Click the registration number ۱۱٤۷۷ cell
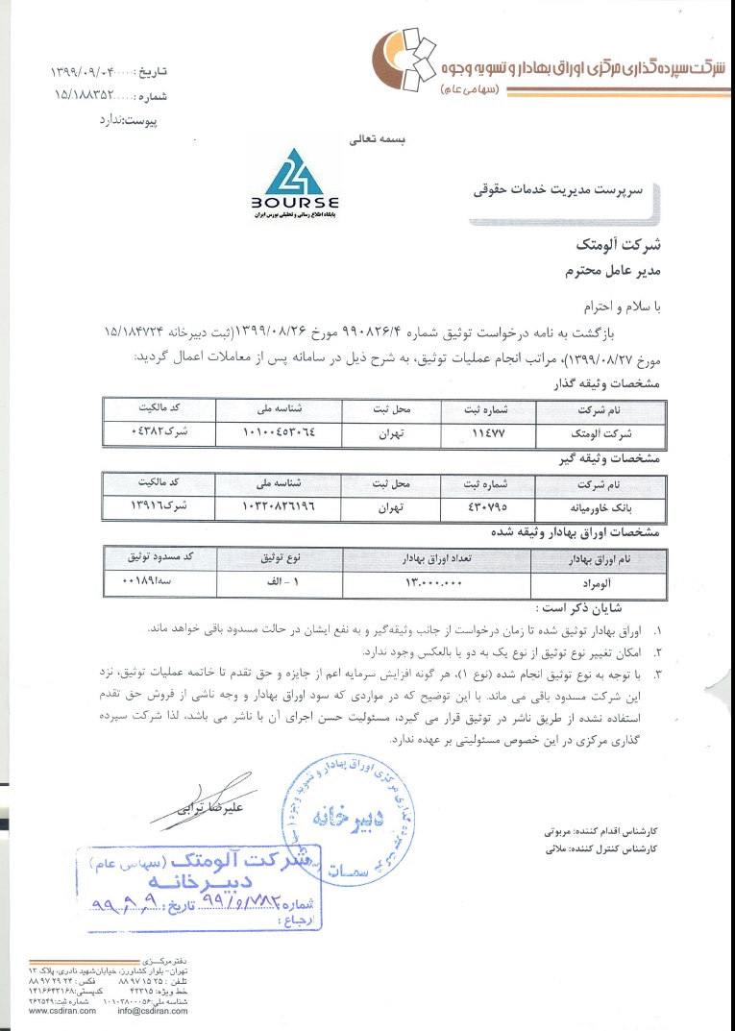(491, 434)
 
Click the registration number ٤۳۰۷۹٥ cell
(491, 504)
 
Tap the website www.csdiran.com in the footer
(61, 1011)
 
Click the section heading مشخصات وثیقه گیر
(608, 459)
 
